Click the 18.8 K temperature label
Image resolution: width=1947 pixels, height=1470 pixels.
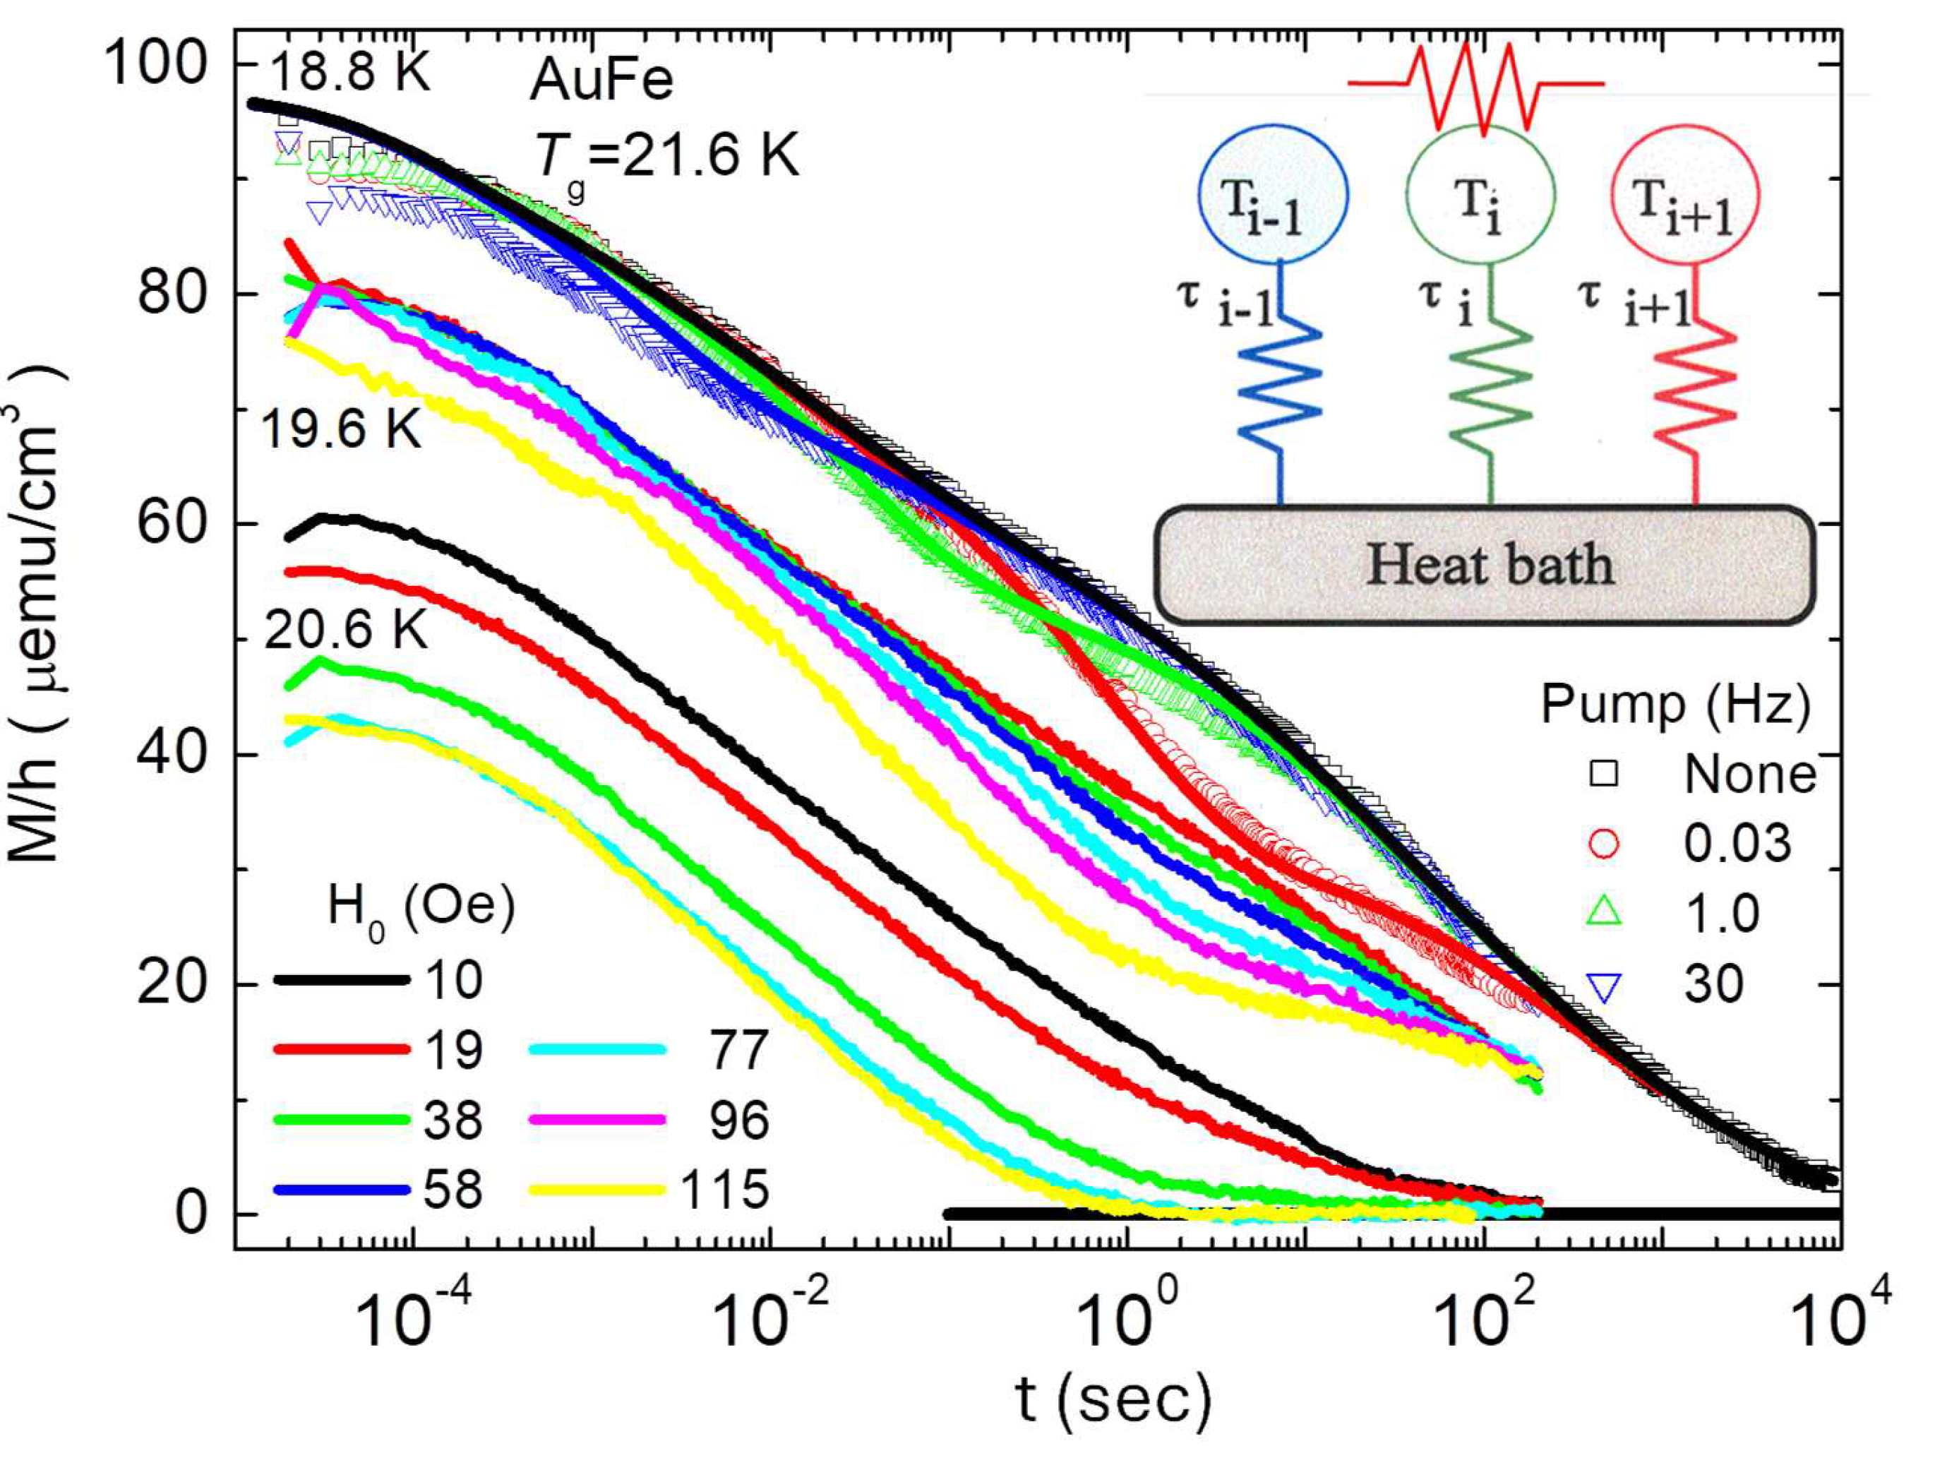[x=349, y=71]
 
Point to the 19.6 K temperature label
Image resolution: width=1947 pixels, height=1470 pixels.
[x=341, y=431]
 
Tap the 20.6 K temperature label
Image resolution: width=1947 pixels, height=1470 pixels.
[x=345, y=631]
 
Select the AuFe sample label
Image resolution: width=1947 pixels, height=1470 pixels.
[x=601, y=81]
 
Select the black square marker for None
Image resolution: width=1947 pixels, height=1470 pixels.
[x=1605, y=774]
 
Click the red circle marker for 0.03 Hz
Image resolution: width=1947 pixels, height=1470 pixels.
[x=1605, y=843]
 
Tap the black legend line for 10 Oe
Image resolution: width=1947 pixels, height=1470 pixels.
[x=342, y=980]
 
